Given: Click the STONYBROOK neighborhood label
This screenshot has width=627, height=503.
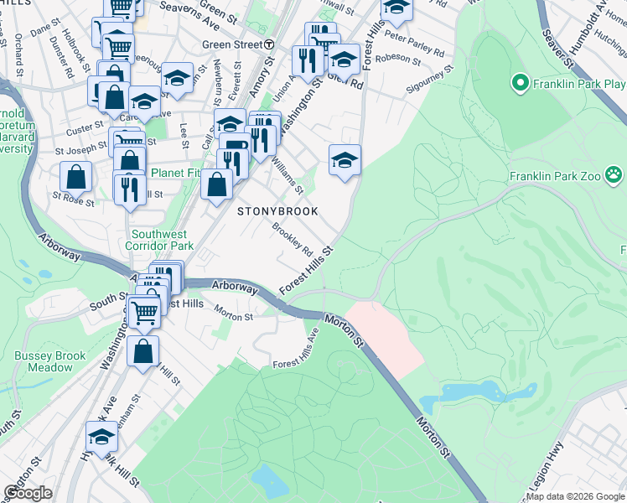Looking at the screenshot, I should pyautogui.click(x=277, y=211).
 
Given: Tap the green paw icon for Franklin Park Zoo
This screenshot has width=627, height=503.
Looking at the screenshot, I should pyautogui.click(x=615, y=175).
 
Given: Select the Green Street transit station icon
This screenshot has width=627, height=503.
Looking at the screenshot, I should pyautogui.click(x=269, y=44).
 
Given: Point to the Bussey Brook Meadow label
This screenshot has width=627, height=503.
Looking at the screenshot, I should pyautogui.click(x=49, y=361).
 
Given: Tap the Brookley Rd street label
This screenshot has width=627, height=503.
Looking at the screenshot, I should pyautogui.click(x=292, y=240).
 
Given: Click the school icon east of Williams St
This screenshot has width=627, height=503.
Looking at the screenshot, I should pyautogui.click(x=345, y=159).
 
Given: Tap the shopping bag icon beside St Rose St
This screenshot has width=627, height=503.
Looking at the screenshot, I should pyautogui.click(x=75, y=177).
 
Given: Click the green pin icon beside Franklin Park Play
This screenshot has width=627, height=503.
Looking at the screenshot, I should pyautogui.click(x=519, y=83).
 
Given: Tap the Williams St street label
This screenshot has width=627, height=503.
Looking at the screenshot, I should pyautogui.click(x=287, y=177).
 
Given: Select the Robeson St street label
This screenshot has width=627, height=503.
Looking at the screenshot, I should pyautogui.click(x=399, y=59).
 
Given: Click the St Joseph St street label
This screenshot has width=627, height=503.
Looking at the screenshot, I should pyautogui.click(x=81, y=151).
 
